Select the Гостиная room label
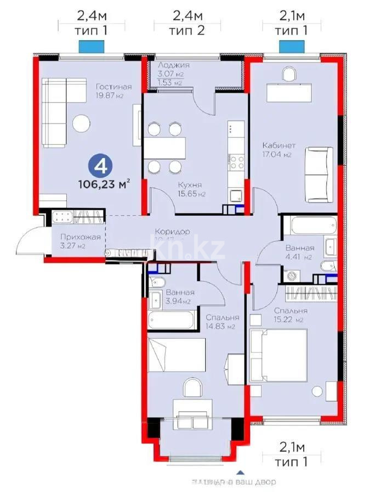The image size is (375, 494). coord(113,87)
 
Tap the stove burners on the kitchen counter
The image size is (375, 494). coord(237,162)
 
